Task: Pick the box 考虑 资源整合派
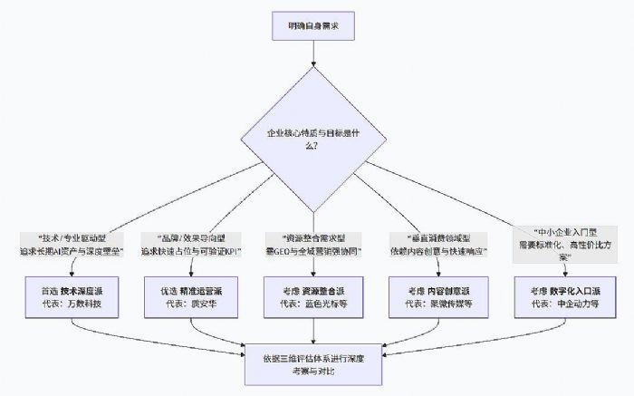[312, 297]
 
